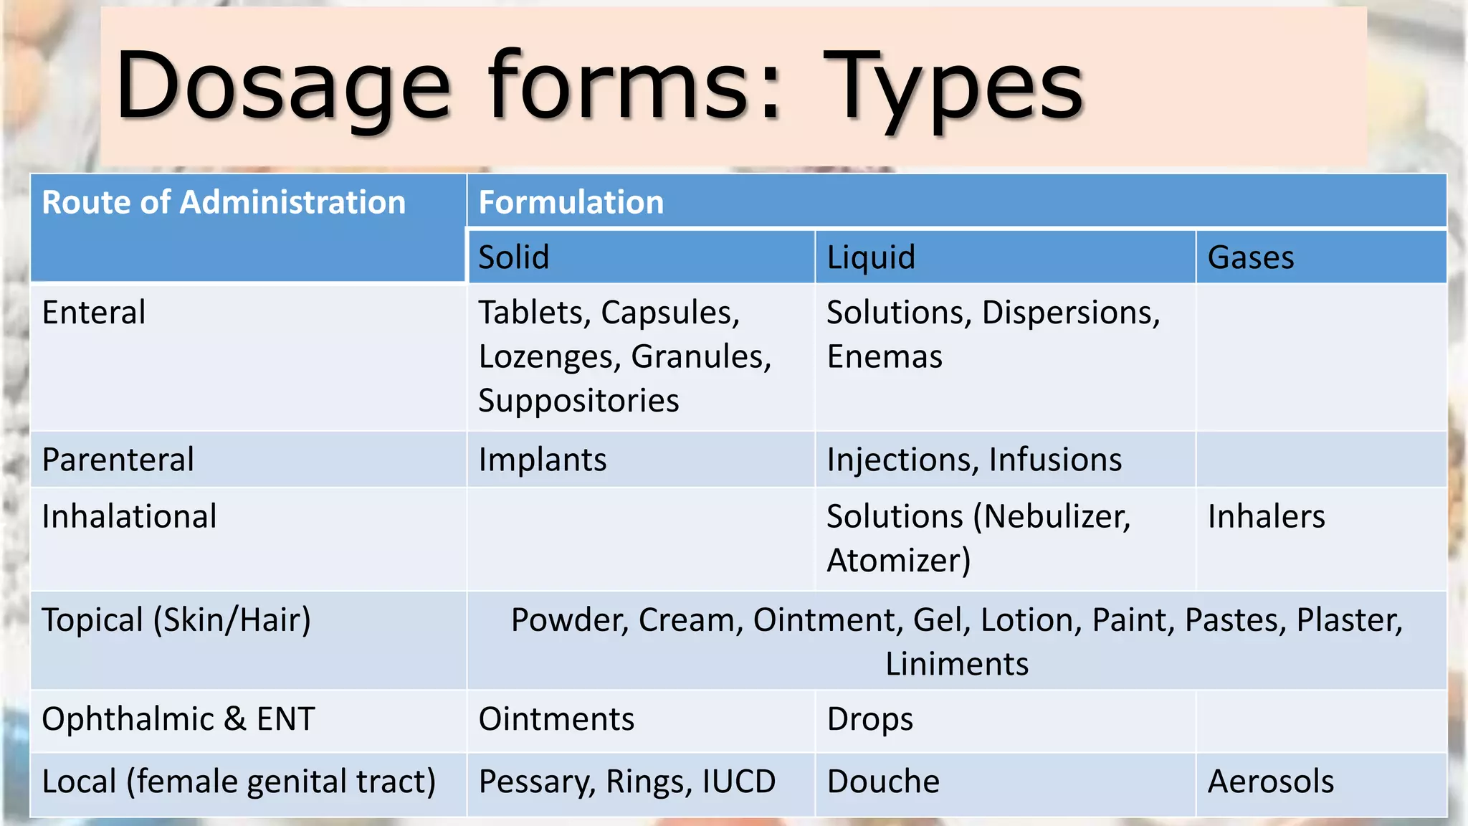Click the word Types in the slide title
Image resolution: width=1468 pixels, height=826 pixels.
pyautogui.click(x=953, y=87)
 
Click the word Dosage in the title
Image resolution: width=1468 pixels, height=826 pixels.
pyautogui.click(x=283, y=87)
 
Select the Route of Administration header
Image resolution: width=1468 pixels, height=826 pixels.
pyautogui.click(x=224, y=202)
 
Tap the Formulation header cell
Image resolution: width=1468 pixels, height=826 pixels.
pyautogui.click(x=571, y=202)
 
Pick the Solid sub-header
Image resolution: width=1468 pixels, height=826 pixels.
pyautogui.click(x=514, y=257)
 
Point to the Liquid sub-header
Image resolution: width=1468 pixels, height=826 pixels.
pyautogui.click(x=871, y=257)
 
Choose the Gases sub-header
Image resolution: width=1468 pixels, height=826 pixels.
pyautogui.click(x=1251, y=257)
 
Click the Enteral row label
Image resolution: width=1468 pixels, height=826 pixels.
pyautogui.click(x=94, y=313)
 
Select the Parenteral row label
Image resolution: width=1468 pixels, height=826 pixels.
pyautogui.click(x=118, y=460)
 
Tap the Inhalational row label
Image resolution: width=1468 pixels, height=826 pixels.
pyautogui.click(x=129, y=516)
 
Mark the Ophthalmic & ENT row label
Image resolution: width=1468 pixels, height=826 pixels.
pyautogui.click(x=178, y=719)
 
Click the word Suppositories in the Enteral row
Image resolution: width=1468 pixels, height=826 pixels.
pyautogui.click(x=578, y=401)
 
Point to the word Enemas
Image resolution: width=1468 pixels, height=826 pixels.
pyautogui.click(x=885, y=357)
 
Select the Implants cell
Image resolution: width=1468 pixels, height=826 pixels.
pyautogui.click(x=543, y=460)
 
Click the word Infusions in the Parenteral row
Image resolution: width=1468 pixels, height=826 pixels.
pyautogui.click(x=1055, y=460)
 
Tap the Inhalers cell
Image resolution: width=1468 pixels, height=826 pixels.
pyautogui.click(x=1266, y=516)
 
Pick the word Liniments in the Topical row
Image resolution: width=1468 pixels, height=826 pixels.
pyautogui.click(x=957, y=664)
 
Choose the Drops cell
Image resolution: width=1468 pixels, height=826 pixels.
pyautogui.click(x=870, y=719)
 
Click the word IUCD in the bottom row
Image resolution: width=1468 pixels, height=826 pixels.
pyautogui.click(x=738, y=782)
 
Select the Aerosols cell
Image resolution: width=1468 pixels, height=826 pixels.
pyautogui.click(x=1271, y=782)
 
